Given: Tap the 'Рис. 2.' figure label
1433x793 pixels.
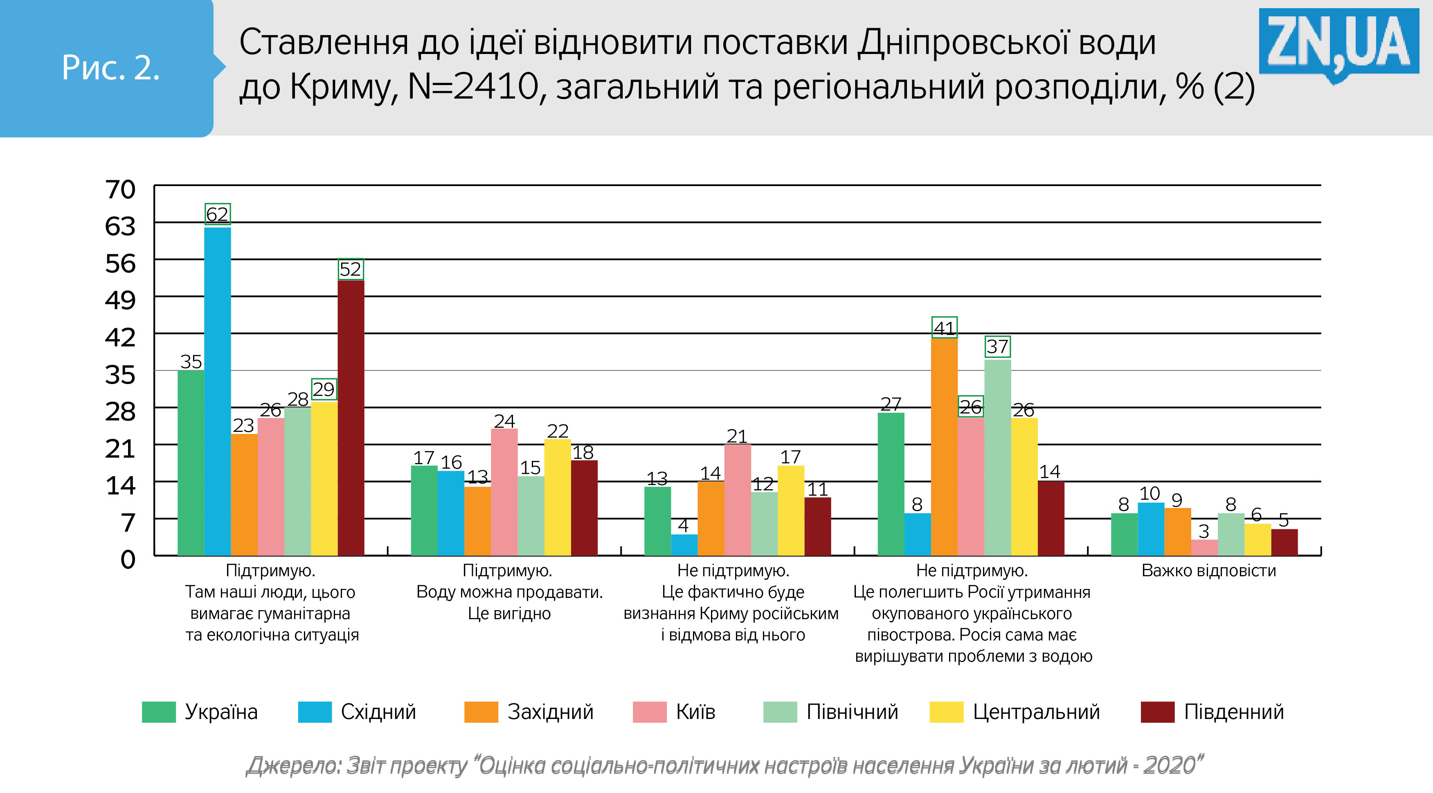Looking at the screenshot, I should pos(111,68).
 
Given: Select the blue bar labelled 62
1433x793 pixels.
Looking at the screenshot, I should pos(218,391).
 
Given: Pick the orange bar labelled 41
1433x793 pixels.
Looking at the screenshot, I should pos(944,447).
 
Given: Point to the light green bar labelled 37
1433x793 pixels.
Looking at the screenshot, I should pos(997,457).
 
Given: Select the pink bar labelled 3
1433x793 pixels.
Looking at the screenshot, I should pos(1204,547).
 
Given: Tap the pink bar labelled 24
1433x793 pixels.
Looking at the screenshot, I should pos(504,492).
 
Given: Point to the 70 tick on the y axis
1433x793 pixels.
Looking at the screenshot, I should pos(120,190).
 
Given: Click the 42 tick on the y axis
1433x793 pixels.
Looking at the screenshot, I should pos(120,337).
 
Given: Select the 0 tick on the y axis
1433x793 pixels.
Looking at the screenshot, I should pos(128,559).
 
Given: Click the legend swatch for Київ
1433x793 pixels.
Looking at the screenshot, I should pos(649,712).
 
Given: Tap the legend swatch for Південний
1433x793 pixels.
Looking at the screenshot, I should pos(1157,712).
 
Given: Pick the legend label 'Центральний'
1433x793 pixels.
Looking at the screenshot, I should pos(1036,712).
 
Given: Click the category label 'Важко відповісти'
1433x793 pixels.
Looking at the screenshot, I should pos(1208,571).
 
